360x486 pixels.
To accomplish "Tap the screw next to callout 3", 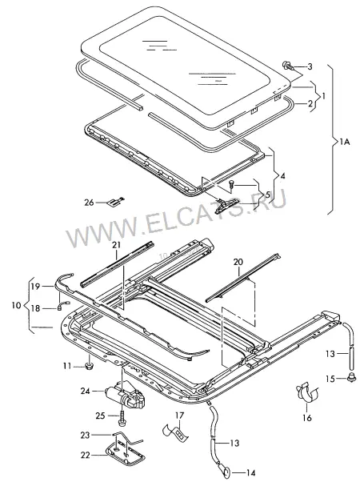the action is click(x=287, y=66).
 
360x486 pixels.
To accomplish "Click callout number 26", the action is click(x=89, y=203).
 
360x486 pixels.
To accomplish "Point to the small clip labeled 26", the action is click(x=115, y=202).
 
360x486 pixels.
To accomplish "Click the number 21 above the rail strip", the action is click(x=116, y=245).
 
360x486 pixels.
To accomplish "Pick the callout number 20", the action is click(x=238, y=262).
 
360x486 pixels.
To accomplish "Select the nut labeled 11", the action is click(x=90, y=366).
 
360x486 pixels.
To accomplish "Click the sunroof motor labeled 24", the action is click(x=126, y=396).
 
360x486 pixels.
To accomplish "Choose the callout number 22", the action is click(x=85, y=456).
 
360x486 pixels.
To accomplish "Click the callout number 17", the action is click(x=180, y=416).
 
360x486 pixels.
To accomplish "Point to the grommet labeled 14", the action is click(x=225, y=472).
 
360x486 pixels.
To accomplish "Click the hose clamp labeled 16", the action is click(x=306, y=393).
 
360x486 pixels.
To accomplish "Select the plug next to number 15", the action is click(x=351, y=377).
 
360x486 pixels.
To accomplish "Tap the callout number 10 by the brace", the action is click(x=17, y=305).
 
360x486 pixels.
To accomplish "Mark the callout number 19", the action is click(x=35, y=287).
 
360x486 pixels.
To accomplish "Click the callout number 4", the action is click(x=282, y=176).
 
